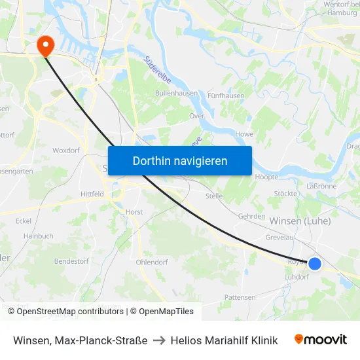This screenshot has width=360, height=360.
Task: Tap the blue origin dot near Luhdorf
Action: [315, 263]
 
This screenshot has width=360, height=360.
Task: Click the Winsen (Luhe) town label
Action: [300, 221]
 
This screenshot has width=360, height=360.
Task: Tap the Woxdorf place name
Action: [65, 150]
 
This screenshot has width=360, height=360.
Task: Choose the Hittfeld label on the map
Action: [92, 194]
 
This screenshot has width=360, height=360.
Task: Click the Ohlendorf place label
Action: [152, 262]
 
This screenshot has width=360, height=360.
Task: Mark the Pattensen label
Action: [240, 297]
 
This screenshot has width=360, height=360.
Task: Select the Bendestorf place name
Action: [71, 261]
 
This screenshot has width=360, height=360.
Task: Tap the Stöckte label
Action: [285, 194]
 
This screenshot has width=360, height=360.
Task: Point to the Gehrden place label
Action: [251, 216]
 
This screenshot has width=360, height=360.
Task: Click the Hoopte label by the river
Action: [266, 177]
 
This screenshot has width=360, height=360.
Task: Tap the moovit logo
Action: [321, 340]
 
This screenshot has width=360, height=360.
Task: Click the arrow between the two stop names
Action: [160, 340]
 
